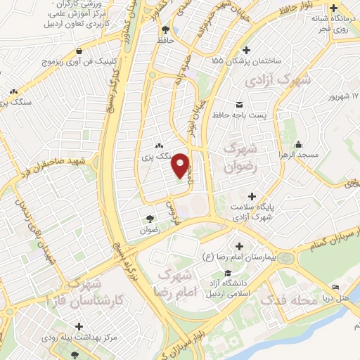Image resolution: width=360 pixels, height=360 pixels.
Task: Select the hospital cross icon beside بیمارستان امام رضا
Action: [x=240, y=247]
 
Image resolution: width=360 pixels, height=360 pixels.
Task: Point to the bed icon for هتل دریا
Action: [x=336, y=288]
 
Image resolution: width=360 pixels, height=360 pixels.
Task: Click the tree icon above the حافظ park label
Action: [x=165, y=30]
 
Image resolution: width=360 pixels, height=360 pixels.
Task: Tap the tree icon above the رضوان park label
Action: [x=149, y=219]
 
